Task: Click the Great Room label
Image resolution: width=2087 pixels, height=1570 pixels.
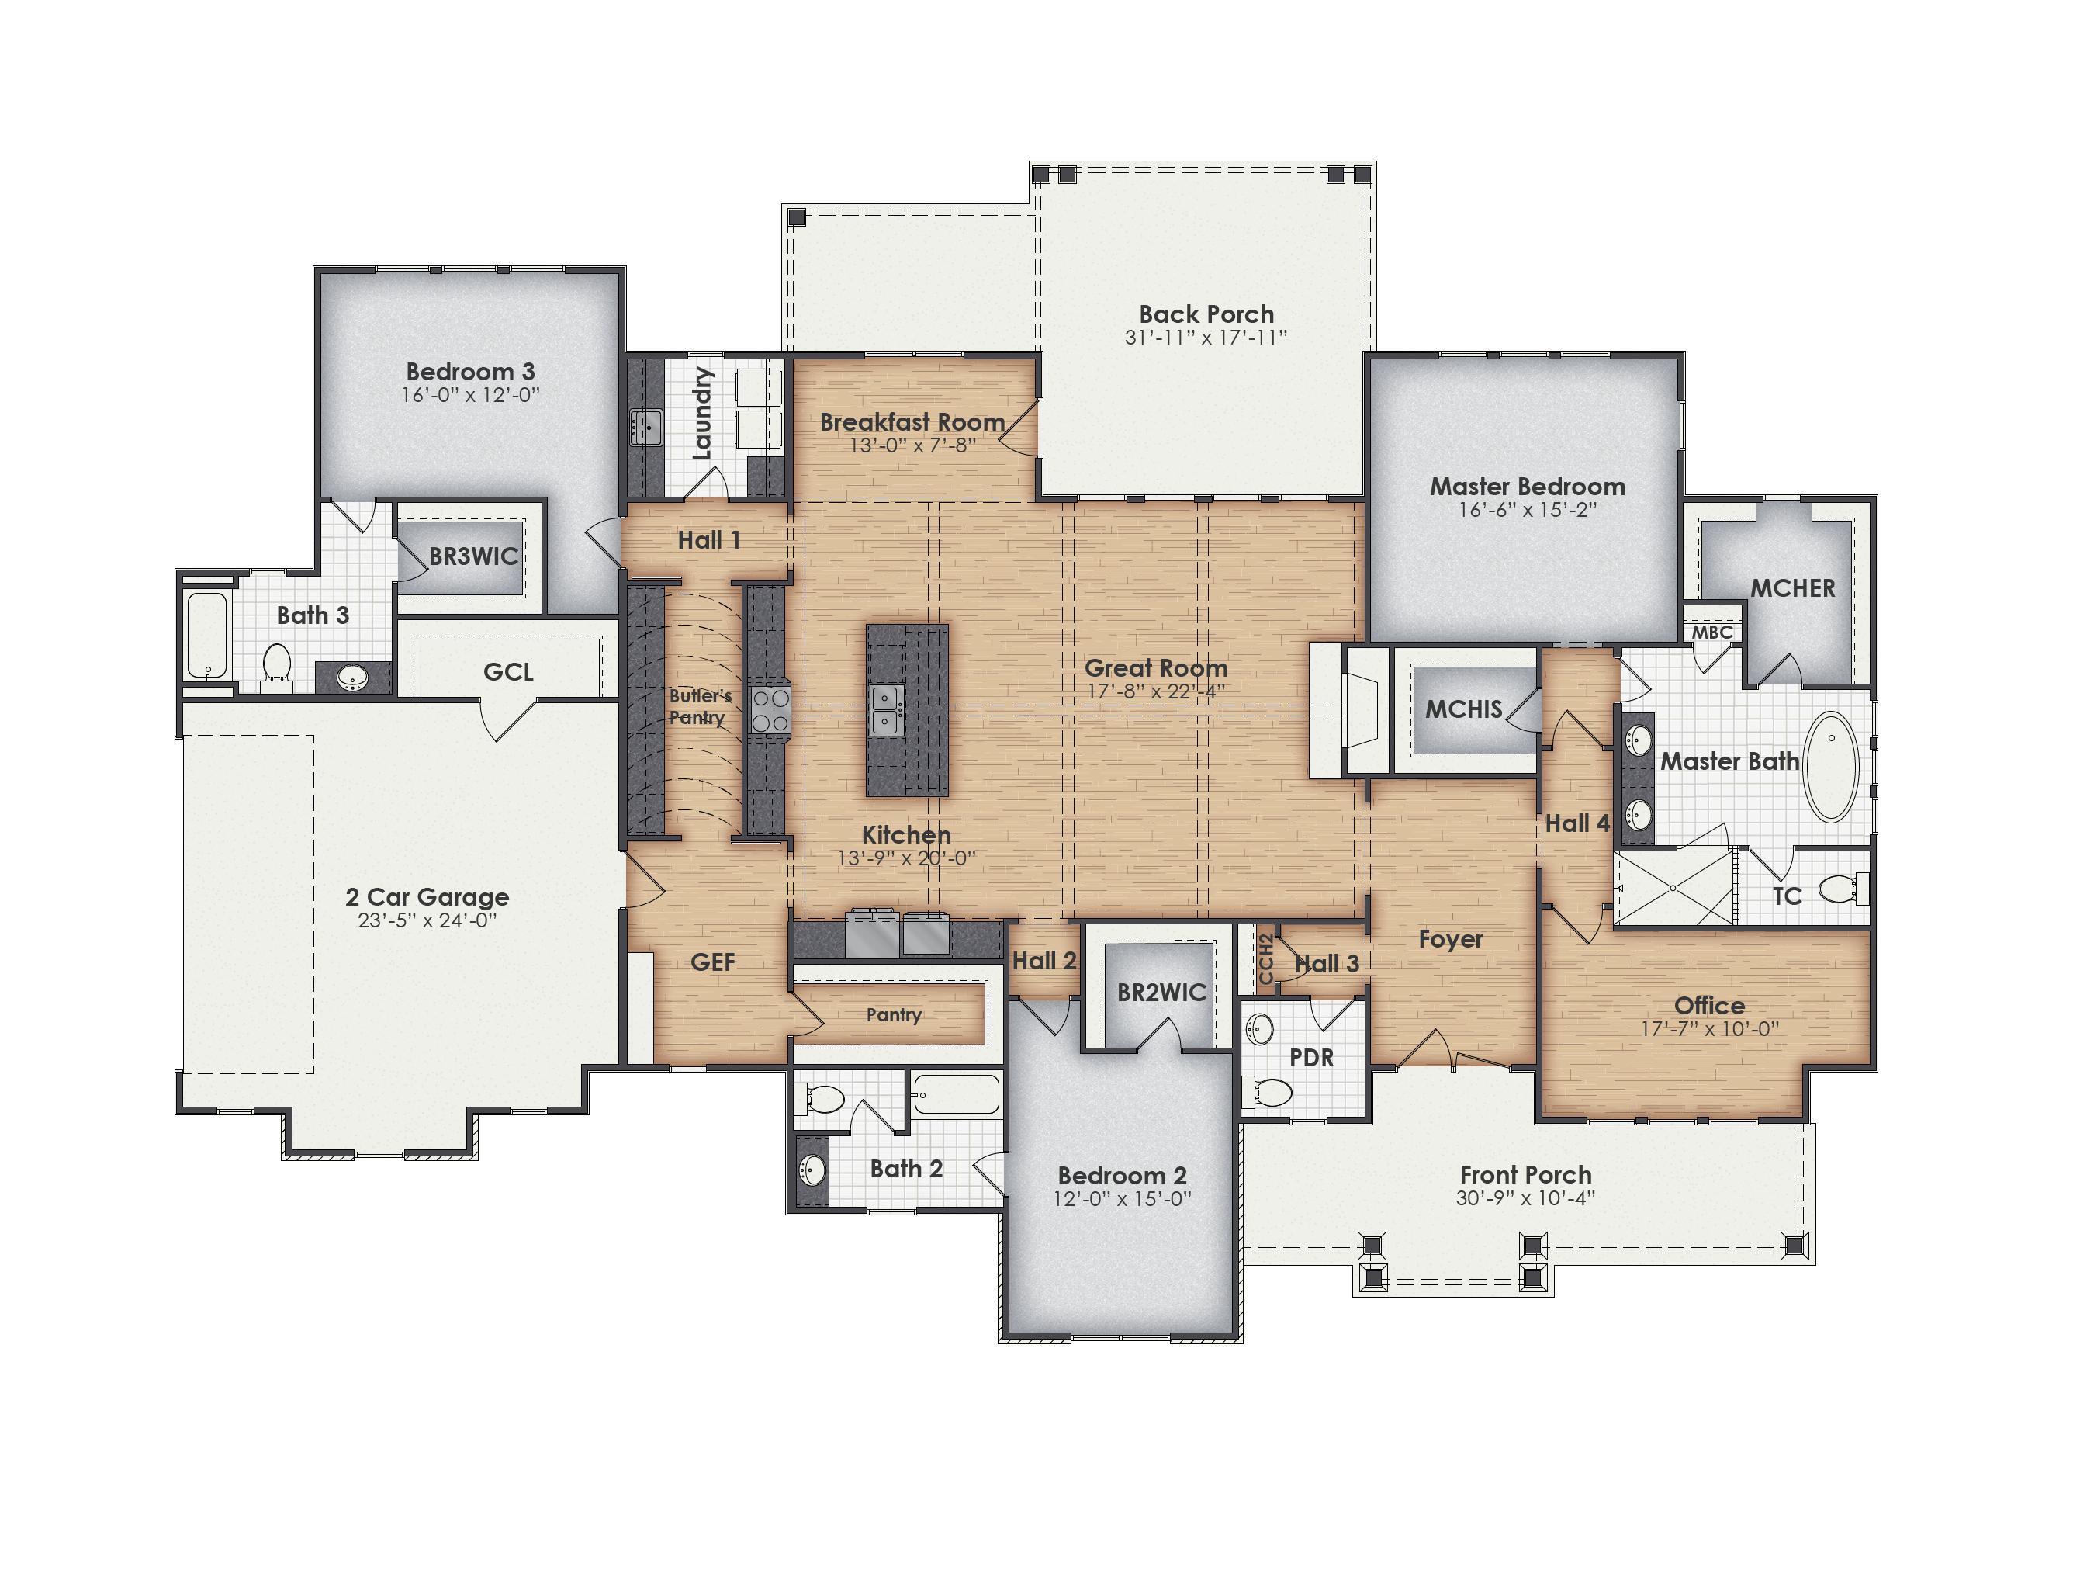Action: coord(1156,668)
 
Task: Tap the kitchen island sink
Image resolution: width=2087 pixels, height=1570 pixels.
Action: coord(885,709)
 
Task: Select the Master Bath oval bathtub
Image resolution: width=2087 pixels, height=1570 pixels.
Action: coord(1831,766)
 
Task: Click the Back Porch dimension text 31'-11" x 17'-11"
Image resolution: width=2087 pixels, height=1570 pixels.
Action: coord(1206,338)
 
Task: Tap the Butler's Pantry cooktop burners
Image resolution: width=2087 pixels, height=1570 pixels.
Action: coord(770,710)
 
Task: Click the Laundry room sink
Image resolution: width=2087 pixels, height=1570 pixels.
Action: coord(646,427)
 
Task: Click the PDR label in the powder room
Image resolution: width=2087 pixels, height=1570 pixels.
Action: coord(1311,1058)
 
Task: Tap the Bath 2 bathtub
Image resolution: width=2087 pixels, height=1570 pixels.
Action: coord(957,1094)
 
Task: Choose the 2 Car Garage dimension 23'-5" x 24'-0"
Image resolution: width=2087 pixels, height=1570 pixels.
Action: coord(427,921)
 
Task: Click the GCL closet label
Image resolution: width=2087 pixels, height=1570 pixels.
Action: coord(507,672)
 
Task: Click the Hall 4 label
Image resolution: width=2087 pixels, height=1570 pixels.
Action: coord(1576,823)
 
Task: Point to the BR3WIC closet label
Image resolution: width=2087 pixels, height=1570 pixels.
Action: coord(473,556)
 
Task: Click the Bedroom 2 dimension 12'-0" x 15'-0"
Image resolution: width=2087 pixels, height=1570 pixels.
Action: coord(1122,1199)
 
